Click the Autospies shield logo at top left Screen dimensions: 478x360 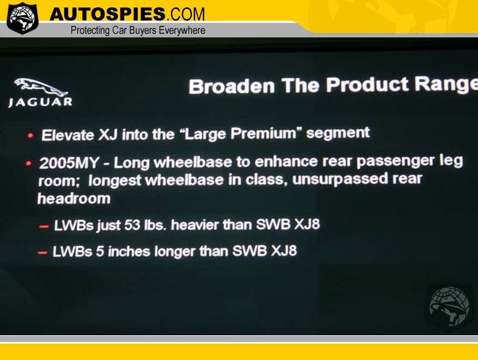pos(22,17)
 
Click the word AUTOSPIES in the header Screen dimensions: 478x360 pos(107,14)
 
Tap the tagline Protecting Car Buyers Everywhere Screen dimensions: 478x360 pos(138,30)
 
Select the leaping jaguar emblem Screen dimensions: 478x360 pos(41,86)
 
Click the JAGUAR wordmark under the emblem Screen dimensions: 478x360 pos(40,102)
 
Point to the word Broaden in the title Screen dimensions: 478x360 pos(232,86)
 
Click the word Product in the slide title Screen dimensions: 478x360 pos(367,84)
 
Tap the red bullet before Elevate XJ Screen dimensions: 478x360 pos(30,136)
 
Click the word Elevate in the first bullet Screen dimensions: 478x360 pos(68,135)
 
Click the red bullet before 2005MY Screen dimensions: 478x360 pos(28,163)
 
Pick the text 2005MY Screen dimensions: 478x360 pos(69,163)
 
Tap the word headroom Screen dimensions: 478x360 pos(74,198)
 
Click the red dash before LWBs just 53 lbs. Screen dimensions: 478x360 pos(43,226)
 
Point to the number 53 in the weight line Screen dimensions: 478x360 pos(132,225)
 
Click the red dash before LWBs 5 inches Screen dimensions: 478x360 pos(42,253)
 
